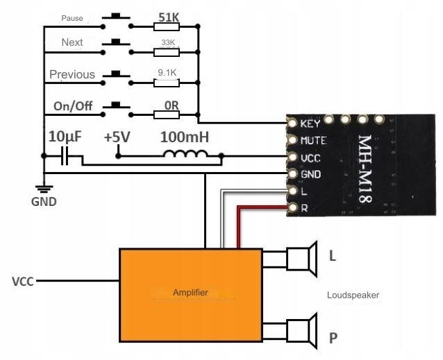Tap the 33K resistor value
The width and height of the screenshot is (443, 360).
click(167, 42)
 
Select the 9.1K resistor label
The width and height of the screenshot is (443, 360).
click(167, 71)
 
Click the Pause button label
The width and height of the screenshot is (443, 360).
click(72, 18)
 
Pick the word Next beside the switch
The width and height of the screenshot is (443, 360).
click(72, 42)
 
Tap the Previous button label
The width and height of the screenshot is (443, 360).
click(72, 74)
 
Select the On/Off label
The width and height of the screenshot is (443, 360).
click(72, 106)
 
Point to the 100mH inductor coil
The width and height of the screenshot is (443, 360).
click(185, 155)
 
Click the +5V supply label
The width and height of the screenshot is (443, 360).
click(117, 137)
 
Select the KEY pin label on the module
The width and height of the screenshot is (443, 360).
click(310, 124)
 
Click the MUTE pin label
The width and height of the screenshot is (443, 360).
click(313, 141)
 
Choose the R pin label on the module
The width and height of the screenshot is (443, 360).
click(304, 207)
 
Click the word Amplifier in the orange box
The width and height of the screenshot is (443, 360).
click(190, 293)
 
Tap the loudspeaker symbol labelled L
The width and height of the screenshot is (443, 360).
click(302, 259)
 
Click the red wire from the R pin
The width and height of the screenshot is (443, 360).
click(264, 206)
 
